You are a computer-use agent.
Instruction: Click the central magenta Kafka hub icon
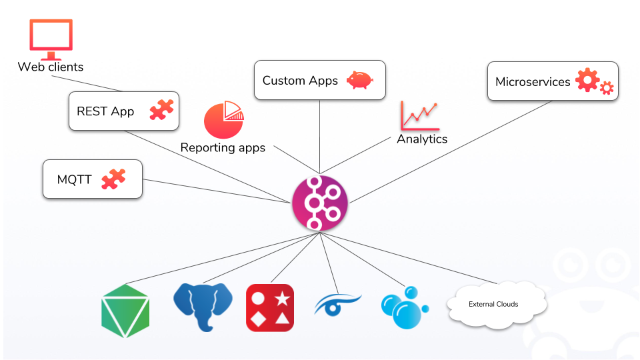tap(320, 203)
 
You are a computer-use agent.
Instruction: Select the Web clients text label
tap(51, 67)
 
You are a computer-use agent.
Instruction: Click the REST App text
tap(105, 111)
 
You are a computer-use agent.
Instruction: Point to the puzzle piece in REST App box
tap(161, 109)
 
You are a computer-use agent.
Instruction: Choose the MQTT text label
tap(74, 179)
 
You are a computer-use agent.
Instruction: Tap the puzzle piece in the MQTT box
tap(113, 179)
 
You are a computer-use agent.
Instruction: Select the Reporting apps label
tap(223, 148)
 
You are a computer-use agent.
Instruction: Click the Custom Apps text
tap(300, 81)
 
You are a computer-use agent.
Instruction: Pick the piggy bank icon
tap(359, 80)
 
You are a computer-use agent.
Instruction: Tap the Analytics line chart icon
tap(419, 115)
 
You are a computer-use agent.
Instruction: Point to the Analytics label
tap(422, 139)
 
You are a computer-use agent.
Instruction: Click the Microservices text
tap(533, 82)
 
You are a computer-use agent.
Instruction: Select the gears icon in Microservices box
tap(594, 81)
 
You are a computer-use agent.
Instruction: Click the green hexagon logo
tap(125, 311)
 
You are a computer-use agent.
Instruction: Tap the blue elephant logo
tap(203, 306)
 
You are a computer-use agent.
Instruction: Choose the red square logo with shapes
tap(270, 307)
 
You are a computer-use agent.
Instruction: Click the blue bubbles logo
tap(403, 307)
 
